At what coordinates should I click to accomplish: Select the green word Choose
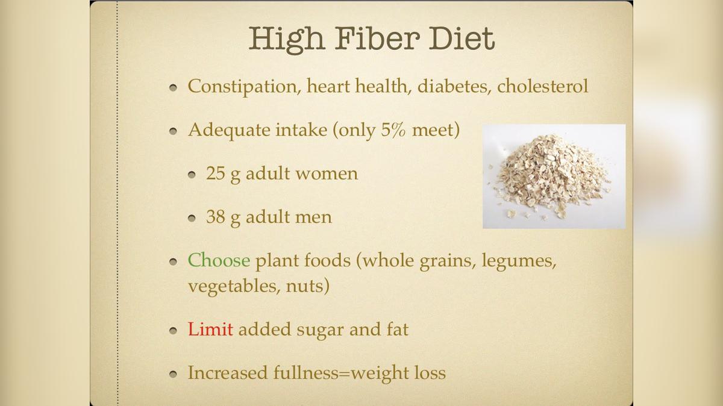(219, 260)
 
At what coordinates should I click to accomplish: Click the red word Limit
(210, 329)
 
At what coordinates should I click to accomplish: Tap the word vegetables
(230, 286)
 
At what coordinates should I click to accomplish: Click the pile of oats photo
(554, 176)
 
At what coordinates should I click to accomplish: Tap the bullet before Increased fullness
(174, 373)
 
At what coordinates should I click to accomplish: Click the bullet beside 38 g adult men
(192, 217)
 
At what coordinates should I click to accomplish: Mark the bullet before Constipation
(174, 87)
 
